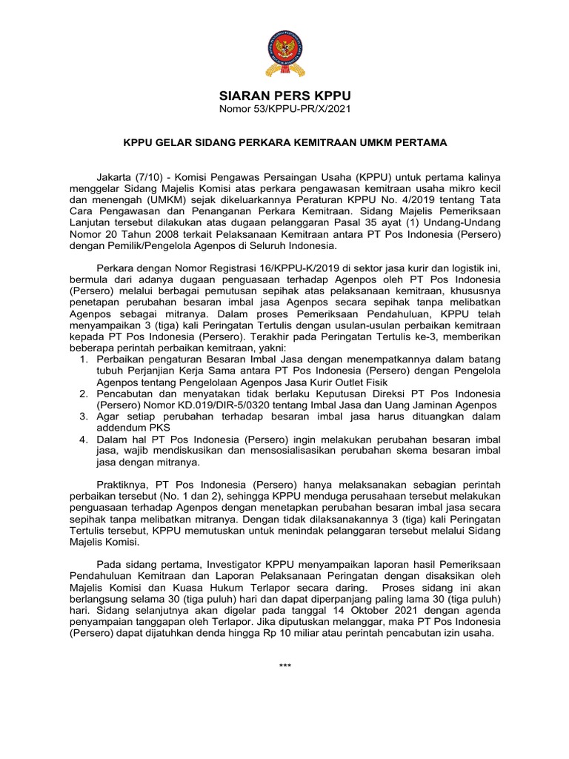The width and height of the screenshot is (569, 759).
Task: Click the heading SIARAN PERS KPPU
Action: tap(284, 96)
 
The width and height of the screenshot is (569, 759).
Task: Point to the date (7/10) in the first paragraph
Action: tap(153, 178)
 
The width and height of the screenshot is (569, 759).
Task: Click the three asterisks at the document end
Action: tap(285, 666)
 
